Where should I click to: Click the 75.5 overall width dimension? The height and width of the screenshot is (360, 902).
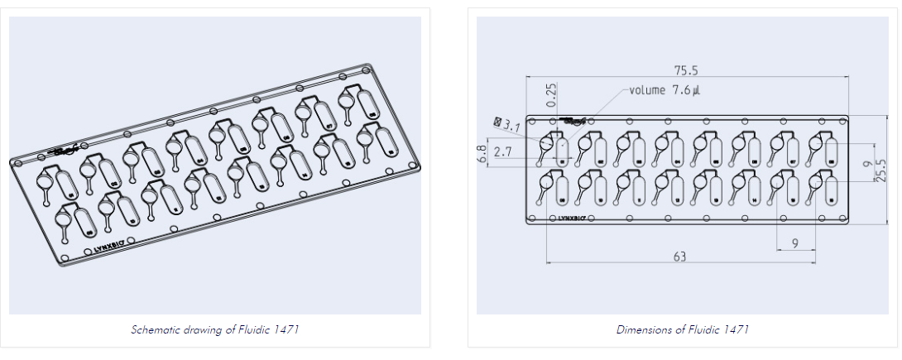coord(686,70)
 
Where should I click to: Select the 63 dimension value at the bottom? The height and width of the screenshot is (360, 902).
coord(679,257)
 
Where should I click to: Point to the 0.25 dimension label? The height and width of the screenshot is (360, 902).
coord(552,94)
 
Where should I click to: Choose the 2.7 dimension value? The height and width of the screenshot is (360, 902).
coord(502,152)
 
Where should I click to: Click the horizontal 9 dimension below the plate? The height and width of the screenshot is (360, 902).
coord(795,243)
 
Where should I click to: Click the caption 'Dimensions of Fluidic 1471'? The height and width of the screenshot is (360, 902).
coord(683,329)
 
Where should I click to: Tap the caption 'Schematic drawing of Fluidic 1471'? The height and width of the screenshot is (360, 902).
coord(214,329)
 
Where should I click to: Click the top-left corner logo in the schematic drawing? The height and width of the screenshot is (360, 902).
coord(63,151)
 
